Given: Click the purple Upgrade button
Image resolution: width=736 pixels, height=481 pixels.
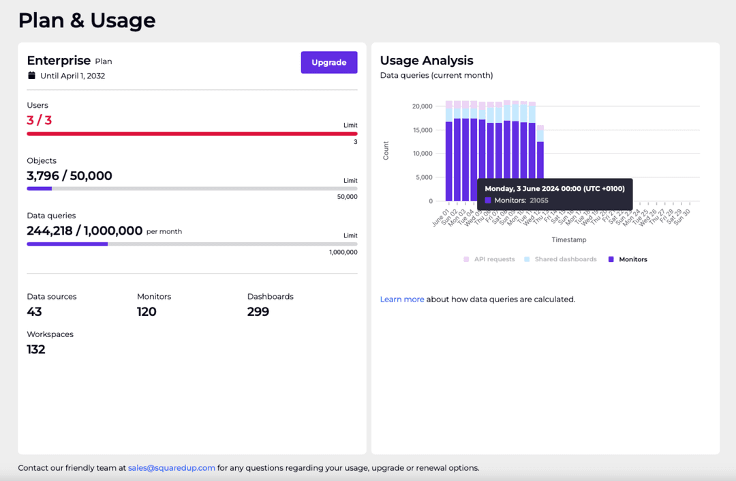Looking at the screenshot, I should [329, 62].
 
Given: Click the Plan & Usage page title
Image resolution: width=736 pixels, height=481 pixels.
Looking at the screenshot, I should [87, 20].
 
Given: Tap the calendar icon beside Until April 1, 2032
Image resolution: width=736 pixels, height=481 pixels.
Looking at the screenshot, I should [31, 76].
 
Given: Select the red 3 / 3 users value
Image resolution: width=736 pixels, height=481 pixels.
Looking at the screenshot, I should [39, 120].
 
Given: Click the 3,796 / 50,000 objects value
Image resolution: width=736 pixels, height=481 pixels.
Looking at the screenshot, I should [70, 175].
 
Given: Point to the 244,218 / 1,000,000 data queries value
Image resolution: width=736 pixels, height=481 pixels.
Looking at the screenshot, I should [85, 231].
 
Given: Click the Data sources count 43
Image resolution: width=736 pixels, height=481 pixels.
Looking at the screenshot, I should [34, 312].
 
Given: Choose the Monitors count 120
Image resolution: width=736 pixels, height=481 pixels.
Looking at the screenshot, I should [147, 312].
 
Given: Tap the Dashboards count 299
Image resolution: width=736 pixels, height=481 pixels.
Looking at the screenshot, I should [258, 312].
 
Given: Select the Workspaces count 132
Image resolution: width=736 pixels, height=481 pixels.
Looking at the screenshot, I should [36, 349].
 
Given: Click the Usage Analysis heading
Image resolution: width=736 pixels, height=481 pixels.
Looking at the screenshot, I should [427, 61].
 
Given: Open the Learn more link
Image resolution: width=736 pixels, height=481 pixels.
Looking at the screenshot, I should [402, 299].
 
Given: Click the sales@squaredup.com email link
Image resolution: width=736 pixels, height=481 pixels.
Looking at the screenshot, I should [172, 468].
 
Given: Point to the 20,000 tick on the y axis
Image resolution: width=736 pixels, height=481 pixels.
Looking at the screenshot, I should [422, 106].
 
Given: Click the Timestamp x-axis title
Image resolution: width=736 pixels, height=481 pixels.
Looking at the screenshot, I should [569, 239].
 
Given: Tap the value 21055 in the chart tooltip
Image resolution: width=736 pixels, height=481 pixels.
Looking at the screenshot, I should [539, 201].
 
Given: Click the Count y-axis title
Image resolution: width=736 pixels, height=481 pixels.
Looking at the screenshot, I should [386, 151].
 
